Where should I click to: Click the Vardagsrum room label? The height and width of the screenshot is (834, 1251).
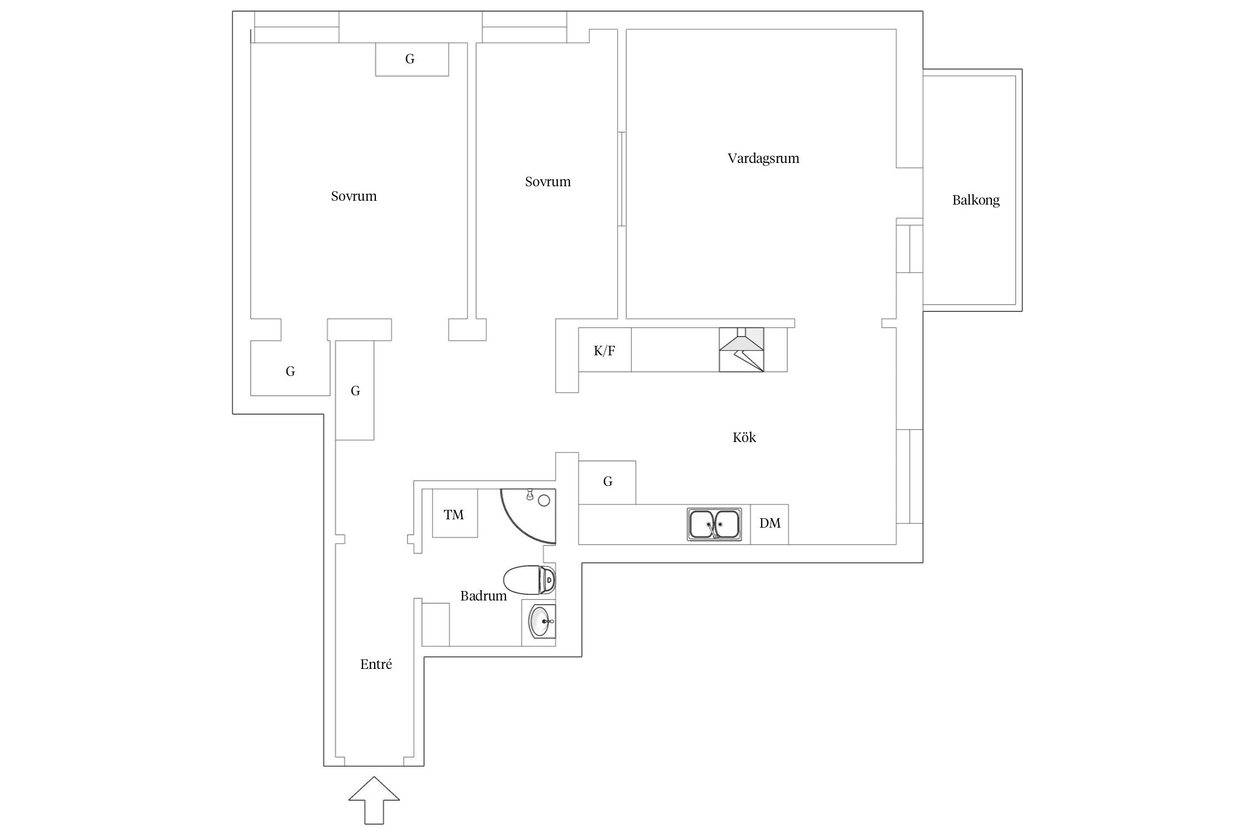coord(763,158)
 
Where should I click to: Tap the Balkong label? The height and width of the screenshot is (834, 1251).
coord(976,200)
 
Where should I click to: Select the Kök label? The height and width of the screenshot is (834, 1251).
coord(744,438)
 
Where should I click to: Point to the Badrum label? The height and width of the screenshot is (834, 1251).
coord(484,596)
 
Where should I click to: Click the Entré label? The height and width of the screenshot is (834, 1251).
coord(376,664)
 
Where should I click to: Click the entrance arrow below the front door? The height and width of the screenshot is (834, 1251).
coord(374,800)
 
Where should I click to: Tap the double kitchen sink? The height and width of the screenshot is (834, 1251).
coord(714,524)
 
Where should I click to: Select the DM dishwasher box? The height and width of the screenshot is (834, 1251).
coord(770,524)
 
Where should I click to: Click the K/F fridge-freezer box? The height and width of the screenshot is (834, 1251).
coord(605,350)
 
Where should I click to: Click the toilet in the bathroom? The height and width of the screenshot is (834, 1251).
coord(529,580)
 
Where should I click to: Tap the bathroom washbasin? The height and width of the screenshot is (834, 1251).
coord(539,622)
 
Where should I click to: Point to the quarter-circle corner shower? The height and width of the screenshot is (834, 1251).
coord(529,516)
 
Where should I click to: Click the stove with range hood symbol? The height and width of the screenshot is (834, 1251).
coord(742,350)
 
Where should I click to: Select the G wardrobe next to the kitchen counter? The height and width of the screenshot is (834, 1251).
coord(607,483)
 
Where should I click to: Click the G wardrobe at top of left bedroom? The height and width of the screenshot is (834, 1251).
coord(412,59)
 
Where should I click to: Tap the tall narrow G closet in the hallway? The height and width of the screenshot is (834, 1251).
coord(355,391)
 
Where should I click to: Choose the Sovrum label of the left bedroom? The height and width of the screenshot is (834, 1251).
coord(354,196)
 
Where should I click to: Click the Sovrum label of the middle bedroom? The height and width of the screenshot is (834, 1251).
coord(548,182)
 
